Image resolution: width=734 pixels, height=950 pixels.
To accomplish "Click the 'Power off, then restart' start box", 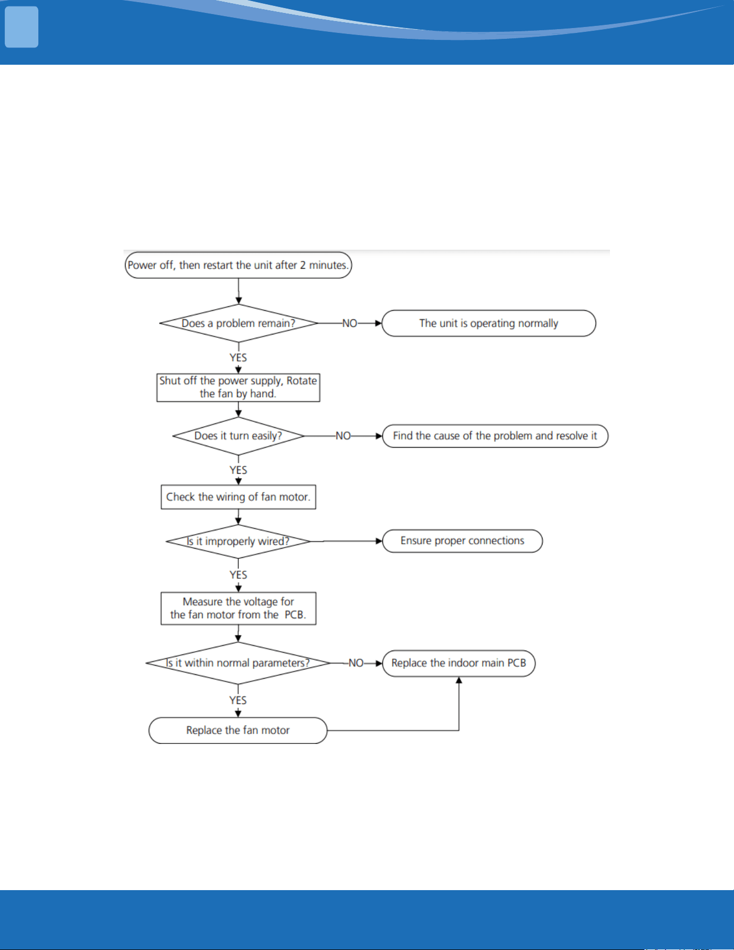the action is (238, 265).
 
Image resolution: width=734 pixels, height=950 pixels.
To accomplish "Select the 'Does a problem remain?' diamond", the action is (238, 323).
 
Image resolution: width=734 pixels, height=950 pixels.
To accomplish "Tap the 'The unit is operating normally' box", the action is (489, 323).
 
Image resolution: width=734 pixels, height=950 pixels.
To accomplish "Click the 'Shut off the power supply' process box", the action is (238, 387).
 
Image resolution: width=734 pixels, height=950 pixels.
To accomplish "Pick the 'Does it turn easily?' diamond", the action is (238, 436).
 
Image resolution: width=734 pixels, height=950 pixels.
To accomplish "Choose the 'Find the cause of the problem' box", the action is (495, 436).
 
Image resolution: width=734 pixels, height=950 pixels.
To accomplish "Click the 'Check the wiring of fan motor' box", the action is (238, 497).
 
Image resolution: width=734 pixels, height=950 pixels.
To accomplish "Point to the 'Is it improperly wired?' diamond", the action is (238, 541).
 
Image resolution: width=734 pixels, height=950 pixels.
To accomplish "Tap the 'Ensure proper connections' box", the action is (462, 541).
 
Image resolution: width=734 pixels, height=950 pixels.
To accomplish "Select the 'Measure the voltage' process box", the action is (238, 609).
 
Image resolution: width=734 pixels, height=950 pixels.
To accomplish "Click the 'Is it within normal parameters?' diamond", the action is (238, 663).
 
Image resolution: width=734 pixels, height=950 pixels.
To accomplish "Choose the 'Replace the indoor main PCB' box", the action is (459, 663).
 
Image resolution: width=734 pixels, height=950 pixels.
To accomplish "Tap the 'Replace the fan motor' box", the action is (238, 730).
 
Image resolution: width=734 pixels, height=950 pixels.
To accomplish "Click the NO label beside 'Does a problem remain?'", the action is (349, 323).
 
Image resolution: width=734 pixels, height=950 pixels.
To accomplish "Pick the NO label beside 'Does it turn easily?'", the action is (343, 436).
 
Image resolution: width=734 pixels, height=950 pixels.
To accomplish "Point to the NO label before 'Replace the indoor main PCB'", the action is (356, 663).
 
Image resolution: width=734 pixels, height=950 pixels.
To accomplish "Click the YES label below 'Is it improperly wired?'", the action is (238, 575).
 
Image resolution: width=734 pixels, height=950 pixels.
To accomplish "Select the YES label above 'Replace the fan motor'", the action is (238, 700).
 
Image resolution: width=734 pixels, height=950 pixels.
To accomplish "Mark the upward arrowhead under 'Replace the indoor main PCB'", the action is (459, 680).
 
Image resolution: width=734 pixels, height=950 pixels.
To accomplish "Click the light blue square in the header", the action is (22, 27).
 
